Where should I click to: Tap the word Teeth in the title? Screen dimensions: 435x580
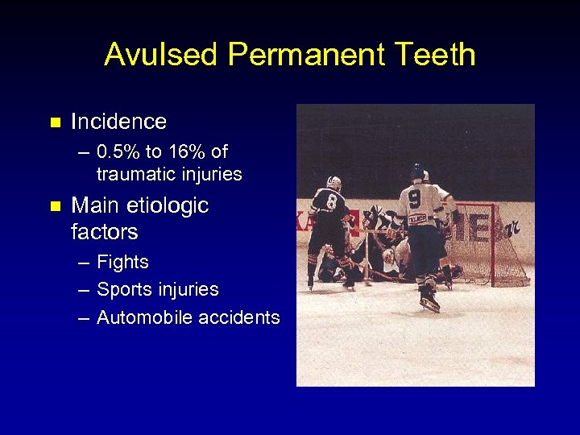(x=440, y=55)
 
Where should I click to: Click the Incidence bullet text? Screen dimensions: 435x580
(x=118, y=122)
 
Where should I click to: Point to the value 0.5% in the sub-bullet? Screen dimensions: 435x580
(x=118, y=151)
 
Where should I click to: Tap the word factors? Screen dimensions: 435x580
(x=104, y=232)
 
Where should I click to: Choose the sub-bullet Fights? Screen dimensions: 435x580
(x=122, y=262)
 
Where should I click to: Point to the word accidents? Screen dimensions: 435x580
(x=240, y=317)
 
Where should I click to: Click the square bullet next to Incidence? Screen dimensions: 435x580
(x=55, y=123)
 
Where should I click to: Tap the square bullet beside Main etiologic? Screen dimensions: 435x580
(x=55, y=207)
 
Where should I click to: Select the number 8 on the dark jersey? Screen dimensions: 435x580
(x=330, y=201)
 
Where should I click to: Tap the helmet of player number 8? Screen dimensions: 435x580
(x=334, y=182)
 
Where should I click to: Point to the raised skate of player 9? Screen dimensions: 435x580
(x=429, y=302)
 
